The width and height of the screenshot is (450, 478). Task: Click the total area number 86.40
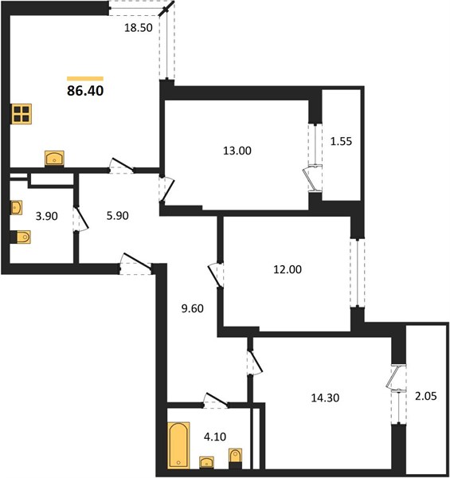click(85, 91)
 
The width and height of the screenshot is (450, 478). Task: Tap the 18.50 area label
click(139, 28)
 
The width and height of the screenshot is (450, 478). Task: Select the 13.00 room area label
click(237, 151)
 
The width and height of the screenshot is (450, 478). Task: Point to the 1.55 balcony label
click(341, 142)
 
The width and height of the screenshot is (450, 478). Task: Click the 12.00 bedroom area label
click(288, 269)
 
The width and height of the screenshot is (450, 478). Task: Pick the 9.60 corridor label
click(192, 308)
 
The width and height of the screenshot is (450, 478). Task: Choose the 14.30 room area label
click(325, 398)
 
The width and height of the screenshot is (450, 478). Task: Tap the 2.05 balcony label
click(426, 396)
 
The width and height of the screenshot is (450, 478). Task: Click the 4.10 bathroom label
click(215, 437)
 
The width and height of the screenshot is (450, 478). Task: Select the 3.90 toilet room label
click(47, 216)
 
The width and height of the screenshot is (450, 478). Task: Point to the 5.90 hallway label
click(118, 216)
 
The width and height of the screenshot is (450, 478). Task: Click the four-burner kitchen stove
click(22, 114)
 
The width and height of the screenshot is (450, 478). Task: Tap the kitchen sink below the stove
click(54, 158)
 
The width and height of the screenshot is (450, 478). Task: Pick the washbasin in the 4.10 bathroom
click(206, 462)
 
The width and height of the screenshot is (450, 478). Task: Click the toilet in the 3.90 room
click(23, 237)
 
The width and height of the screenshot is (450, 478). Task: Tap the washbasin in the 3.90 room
click(17, 208)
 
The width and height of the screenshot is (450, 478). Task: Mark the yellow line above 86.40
click(85, 79)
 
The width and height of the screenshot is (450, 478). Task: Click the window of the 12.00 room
click(358, 272)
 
